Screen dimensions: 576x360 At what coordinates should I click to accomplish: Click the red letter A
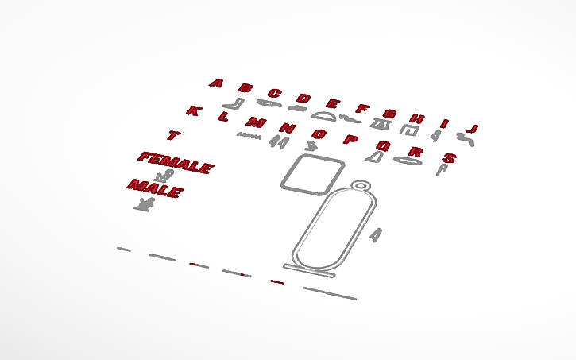(x=216, y=83)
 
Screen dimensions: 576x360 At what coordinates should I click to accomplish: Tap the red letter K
(x=194, y=110)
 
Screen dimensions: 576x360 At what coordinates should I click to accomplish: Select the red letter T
(x=173, y=135)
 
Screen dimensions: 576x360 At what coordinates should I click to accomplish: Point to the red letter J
(x=472, y=129)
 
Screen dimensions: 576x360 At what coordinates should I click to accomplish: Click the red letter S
(x=449, y=158)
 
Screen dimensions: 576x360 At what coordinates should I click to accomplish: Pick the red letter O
(x=319, y=134)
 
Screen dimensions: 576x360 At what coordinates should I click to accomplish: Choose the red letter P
(x=351, y=139)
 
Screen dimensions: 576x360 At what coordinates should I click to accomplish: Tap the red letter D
(x=303, y=99)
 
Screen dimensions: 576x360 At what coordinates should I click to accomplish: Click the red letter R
(x=416, y=151)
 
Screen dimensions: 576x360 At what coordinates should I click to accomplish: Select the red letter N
(x=288, y=128)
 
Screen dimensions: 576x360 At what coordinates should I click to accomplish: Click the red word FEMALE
(x=176, y=163)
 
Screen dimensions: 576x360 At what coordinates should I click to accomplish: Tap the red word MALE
(x=155, y=189)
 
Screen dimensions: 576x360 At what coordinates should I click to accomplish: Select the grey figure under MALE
(x=145, y=204)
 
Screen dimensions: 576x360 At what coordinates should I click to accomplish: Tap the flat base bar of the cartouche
(x=309, y=270)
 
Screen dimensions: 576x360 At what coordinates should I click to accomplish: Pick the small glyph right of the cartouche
(x=376, y=235)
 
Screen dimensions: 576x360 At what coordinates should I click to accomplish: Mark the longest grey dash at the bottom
(x=330, y=293)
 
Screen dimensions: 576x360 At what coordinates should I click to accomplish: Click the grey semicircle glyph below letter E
(x=323, y=117)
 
